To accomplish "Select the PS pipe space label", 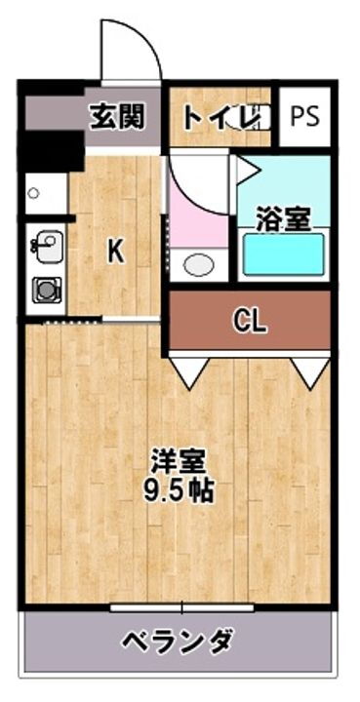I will (x=304, y=115).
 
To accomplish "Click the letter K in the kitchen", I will (x=115, y=252).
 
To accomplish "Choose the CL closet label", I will (x=251, y=323).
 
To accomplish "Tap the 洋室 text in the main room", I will (x=177, y=458).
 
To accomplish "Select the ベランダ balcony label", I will (x=177, y=641).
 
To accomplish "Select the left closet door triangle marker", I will (x=191, y=369).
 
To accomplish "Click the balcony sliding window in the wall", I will (x=181, y=606).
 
